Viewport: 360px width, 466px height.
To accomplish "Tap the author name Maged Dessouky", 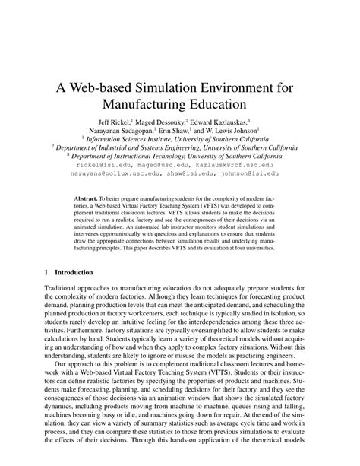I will [166, 122].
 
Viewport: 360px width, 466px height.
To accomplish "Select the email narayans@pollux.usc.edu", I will [124, 173].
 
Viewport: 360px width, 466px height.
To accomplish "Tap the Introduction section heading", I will [72, 271].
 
